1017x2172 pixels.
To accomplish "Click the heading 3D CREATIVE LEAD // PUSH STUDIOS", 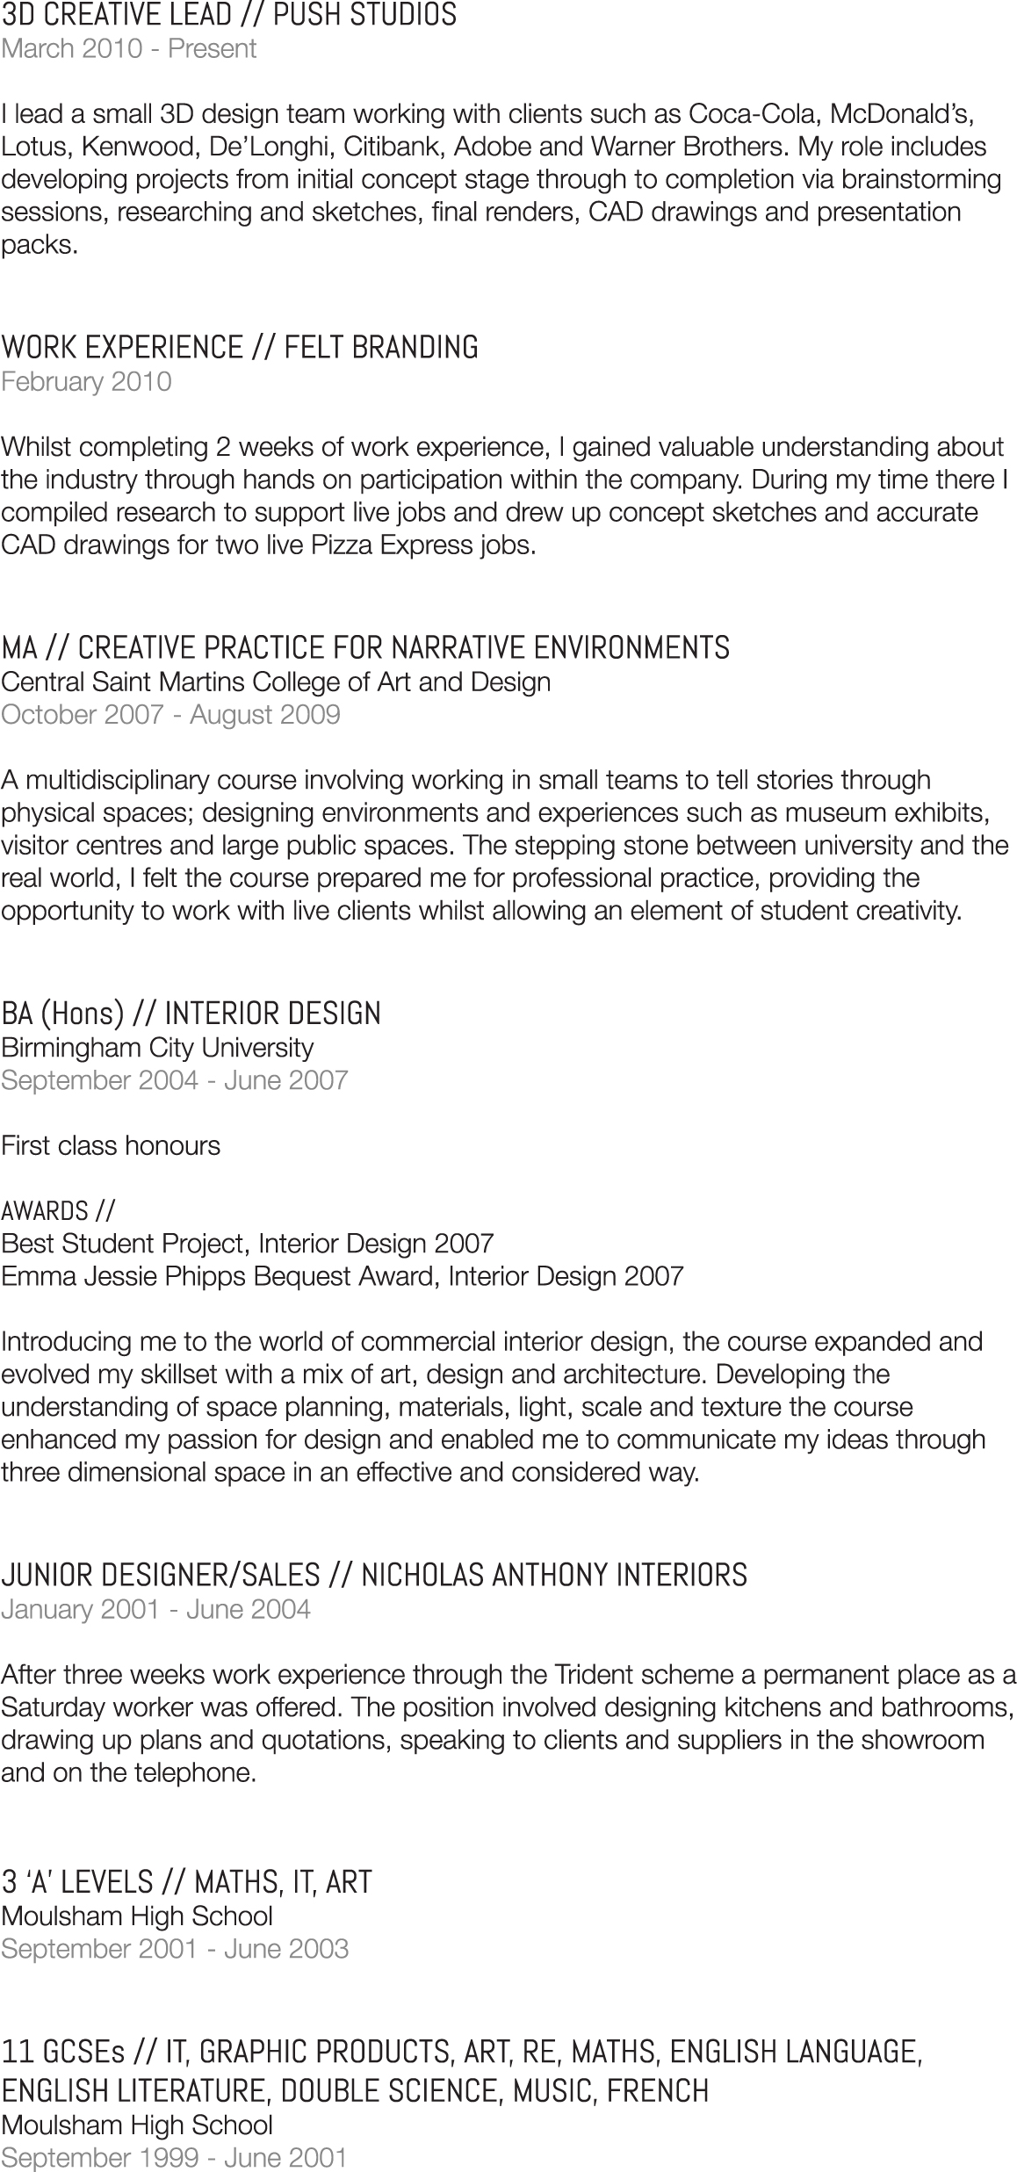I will pyautogui.click(x=228, y=15).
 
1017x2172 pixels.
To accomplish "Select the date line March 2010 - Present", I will pyautogui.click(x=128, y=48).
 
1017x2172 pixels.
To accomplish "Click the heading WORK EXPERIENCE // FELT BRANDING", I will pyautogui.click(x=239, y=348).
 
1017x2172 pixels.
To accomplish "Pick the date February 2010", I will pyautogui.click(x=86, y=382).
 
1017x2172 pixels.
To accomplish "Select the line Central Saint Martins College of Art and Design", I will pyautogui.click(x=276, y=682).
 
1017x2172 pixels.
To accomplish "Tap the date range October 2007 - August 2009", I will pyautogui.click(x=170, y=714).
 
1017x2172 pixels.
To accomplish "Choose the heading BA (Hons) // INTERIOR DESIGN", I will pyautogui.click(x=191, y=1014).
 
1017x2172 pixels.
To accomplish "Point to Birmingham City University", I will pyautogui.click(x=157, y=1047).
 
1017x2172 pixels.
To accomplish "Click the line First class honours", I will pyautogui.click(x=111, y=1145).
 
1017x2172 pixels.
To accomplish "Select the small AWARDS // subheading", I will pyautogui.click(x=58, y=1211).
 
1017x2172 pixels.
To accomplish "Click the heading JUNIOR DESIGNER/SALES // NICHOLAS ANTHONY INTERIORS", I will pyautogui.click(x=374, y=1576).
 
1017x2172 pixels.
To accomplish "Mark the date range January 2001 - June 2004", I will pyautogui.click(x=155, y=1609).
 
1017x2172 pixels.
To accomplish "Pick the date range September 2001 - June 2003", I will pyautogui.click(x=175, y=1948).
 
